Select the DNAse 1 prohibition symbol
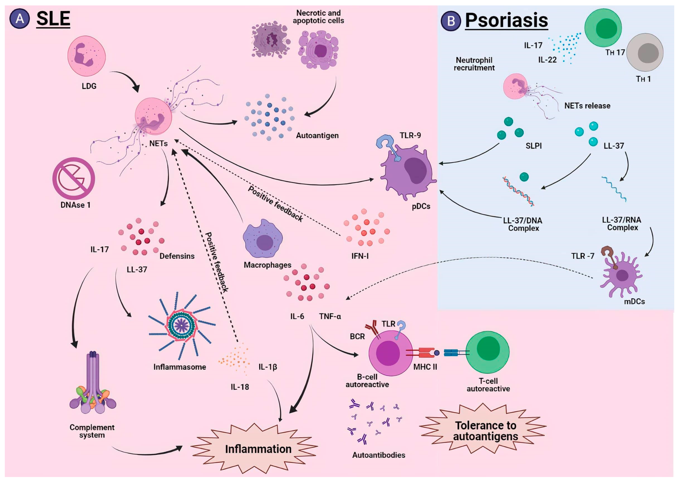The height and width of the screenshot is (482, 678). click(74, 178)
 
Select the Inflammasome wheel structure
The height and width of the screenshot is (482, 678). click(181, 326)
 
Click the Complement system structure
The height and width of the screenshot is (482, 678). click(93, 386)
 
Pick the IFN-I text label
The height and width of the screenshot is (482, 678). click(360, 256)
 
